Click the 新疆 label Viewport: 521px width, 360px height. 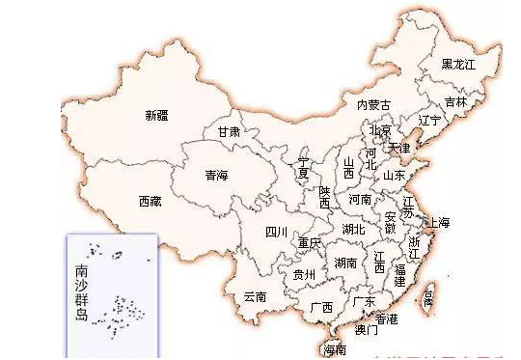tap(156, 116)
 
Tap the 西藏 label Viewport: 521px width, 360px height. tap(150, 202)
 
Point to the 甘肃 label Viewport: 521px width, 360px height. tap(229, 131)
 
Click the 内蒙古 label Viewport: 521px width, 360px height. tap(373, 104)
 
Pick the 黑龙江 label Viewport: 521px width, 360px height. tap(458, 65)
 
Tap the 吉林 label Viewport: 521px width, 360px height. tap(455, 101)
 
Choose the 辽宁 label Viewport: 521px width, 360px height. tap(430, 121)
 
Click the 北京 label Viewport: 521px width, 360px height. tap(380, 130)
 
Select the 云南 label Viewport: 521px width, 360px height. tap(255, 296)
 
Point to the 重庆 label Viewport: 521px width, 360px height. tap(309, 243)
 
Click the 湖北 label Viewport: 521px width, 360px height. tap(353, 230)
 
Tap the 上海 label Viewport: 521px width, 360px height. tap(439, 223)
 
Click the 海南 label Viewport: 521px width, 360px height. tap(335, 348)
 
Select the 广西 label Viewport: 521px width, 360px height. tap(321, 307)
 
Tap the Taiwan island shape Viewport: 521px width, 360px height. tap(428, 295)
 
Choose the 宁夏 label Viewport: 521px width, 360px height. tap(304, 167)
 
